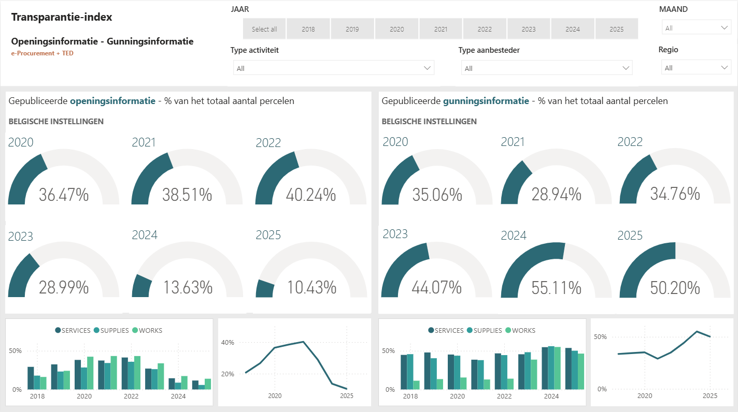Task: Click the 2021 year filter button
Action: click(441, 29)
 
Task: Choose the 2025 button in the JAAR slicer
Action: click(616, 29)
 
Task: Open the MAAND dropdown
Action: click(696, 28)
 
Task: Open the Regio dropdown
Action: click(696, 68)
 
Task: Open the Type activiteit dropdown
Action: click(333, 68)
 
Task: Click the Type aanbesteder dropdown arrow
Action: click(626, 68)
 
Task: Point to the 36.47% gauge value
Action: click(64, 195)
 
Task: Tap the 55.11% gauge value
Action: click(556, 288)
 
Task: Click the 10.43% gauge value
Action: click(311, 287)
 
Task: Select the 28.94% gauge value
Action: click(556, 194)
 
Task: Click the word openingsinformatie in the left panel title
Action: click(112, 101)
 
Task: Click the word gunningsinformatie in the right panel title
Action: click(486, 101)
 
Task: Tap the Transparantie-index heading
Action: click(62, 17)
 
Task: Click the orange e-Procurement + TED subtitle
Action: click(42, 53)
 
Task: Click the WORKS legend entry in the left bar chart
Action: click(147, 330)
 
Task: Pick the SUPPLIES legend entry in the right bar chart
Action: click(484, 330)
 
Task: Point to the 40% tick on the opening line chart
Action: click(228, 342)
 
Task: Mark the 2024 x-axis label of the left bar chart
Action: click(178, 396)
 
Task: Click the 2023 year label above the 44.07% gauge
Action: click(395, 234)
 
